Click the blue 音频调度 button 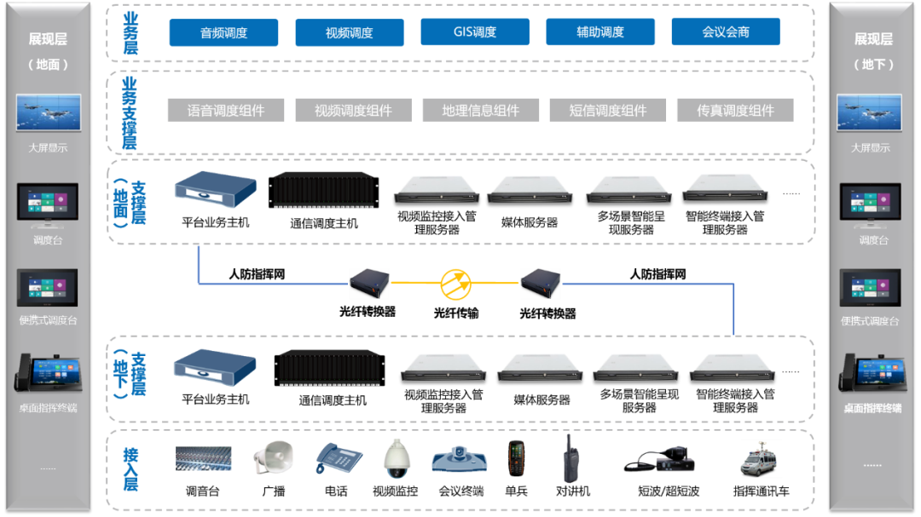pos(223,32)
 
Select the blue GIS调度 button pos(475,32)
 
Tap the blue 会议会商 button pos(726,32)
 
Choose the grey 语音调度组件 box pos(226,111)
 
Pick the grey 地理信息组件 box pos(480,111)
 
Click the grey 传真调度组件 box pos(735,111)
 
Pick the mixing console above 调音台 pos(203,460)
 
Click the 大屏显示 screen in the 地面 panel pos(48,113)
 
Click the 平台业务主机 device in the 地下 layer pos(215,367)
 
